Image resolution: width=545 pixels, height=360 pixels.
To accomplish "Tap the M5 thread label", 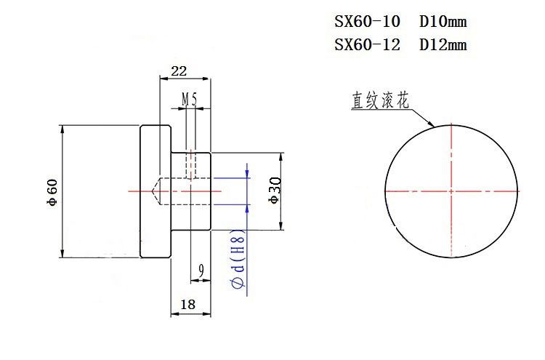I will (x=189, y=97).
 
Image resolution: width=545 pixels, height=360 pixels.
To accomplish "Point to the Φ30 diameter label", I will (x=274, y=191).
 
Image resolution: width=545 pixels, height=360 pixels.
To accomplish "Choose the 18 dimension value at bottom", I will (x=187, y=305).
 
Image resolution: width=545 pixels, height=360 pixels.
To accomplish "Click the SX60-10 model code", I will (x=367, y=22).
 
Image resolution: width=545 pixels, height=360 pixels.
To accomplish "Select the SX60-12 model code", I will (x=367, y=45).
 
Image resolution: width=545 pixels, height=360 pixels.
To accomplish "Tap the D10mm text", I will (x=443, y=22).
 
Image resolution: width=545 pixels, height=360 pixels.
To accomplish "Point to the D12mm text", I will (x=443, y=45).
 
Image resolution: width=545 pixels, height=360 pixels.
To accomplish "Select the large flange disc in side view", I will (x=155, y=191).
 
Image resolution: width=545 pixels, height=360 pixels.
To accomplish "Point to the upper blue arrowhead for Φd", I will (x=247, y=174).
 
